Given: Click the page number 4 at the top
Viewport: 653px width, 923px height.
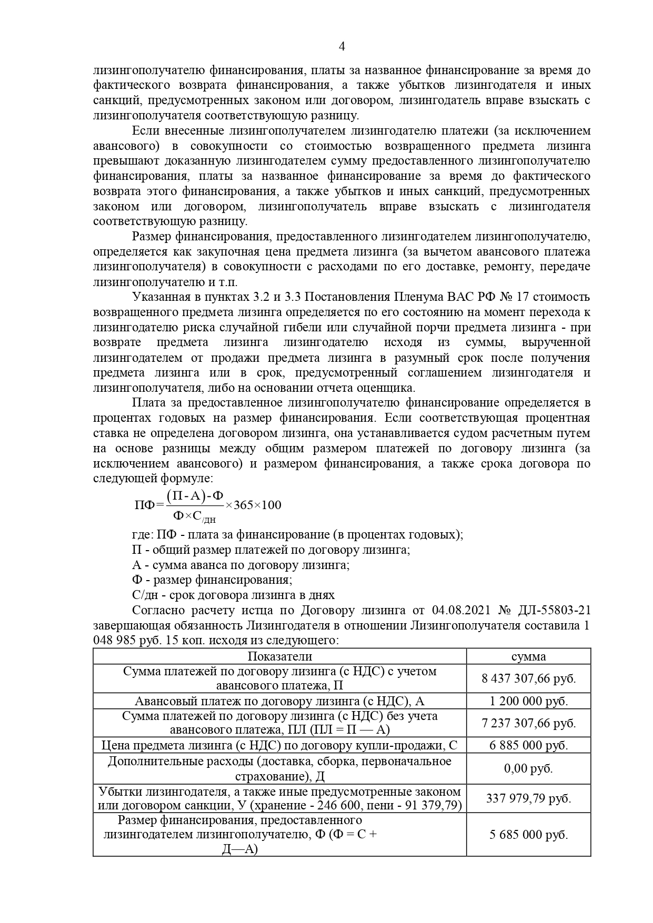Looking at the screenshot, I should (x=341, y=46).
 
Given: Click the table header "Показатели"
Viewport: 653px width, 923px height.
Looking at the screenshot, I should (x=279, y=656).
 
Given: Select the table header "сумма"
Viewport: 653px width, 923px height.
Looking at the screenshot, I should (x=528, y=656).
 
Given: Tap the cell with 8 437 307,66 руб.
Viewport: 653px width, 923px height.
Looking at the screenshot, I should (x=528, y=678).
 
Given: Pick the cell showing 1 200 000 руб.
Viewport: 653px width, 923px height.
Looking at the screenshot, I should (x=528, y=701).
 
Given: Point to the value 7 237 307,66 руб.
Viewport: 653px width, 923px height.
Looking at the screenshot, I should (x=528, y=723).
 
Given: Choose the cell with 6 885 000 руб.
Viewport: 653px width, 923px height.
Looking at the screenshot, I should (x=528, y=745).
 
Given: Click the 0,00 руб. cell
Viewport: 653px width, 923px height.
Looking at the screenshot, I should (x=528, y=768).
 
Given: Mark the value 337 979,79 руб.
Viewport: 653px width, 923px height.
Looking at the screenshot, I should (x=528, y=798).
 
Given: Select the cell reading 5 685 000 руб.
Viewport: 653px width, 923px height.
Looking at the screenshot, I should (x=528, y=835).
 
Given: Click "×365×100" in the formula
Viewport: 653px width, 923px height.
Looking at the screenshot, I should (x=253, y=505).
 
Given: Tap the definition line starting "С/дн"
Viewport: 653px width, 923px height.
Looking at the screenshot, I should (x=233, y=595).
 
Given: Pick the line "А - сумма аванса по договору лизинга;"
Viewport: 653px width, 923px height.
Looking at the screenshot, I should (x=240, y=565).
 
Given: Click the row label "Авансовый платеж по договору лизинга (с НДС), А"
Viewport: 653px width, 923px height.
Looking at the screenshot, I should (x=279, y=701).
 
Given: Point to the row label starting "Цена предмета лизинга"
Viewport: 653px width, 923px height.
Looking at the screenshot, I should (x=279, y=745).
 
